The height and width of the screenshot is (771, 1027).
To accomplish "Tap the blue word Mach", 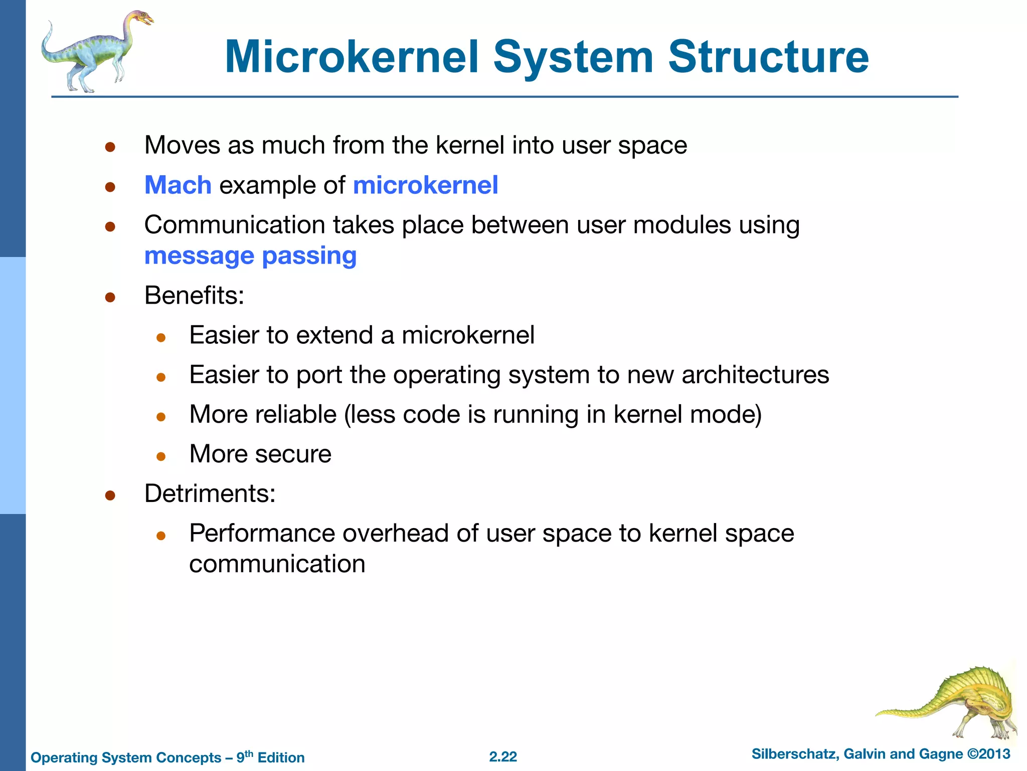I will (x=178, y=185).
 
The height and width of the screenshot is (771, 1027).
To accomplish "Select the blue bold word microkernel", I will (x=425, y=185).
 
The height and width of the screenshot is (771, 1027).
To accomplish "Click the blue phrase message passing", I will (x=250, y=255).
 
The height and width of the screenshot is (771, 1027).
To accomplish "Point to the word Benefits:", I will (x=194, y=295).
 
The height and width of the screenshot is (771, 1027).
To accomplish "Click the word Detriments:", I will (x=210, y=493).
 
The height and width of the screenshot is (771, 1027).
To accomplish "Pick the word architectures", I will (x=755, y=374).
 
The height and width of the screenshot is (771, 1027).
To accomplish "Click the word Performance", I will (x=262, y=533).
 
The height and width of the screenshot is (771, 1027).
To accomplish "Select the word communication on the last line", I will (x=277, y=564).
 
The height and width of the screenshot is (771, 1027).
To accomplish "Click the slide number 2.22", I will (x=503, y=757).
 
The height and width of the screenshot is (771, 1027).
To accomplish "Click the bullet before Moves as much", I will (x=110, y=147).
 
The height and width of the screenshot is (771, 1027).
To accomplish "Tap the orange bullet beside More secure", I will (x=161, y=456).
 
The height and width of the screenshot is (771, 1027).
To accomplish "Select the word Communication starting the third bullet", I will (x=234, y=225).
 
